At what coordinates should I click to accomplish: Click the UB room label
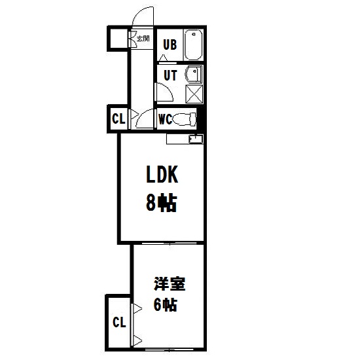click(170, 45)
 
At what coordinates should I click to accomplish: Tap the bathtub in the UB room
click(194, 45)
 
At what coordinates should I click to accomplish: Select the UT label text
click(171, 75)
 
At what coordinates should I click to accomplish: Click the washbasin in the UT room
click(194, 74)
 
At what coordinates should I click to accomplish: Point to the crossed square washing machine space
click(194, 94)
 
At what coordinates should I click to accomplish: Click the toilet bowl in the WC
click(184, 119)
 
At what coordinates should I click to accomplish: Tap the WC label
click(166, 119)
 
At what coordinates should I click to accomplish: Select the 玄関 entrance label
click(143, 39)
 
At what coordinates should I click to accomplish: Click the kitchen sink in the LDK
click(196, 139)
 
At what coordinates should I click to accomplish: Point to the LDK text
click(162, 175)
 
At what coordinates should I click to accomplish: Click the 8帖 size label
click(162, 203)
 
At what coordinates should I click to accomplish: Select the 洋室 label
click(170, 284)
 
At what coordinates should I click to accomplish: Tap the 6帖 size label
click(166, 305)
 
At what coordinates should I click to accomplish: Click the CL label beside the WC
click(118, 118)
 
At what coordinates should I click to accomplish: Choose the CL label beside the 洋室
click(119, 322)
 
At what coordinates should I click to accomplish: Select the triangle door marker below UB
click(163, 58)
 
